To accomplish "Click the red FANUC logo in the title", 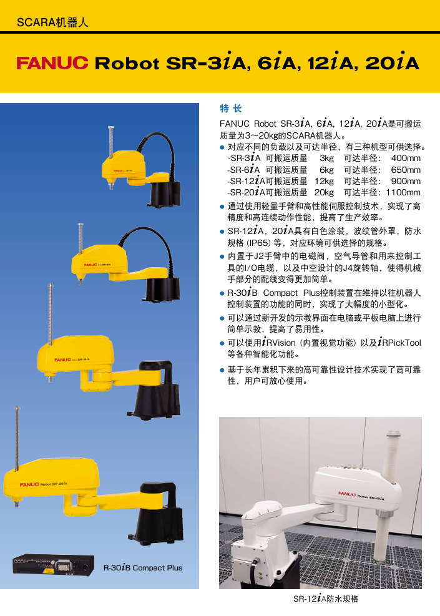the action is coord(52,63).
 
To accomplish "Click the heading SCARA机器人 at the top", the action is coord(52,22).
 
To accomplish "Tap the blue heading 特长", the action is coord(230,109).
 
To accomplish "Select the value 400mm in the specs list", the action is coord(406,158).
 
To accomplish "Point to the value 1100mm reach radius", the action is coord(403,192).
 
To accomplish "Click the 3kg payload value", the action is coord(326,158).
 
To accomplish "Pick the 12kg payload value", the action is coord(324,181).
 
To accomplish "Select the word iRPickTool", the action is coord(399,342).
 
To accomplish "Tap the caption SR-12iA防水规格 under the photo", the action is coord(326,599).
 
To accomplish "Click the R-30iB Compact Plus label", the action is coord(143,568).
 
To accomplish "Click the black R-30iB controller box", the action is coord(54,565).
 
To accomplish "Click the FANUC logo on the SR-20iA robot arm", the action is coord(29,484).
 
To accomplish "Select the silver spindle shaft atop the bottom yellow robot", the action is coord(17,438).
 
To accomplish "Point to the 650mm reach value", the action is coord(406,170).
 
